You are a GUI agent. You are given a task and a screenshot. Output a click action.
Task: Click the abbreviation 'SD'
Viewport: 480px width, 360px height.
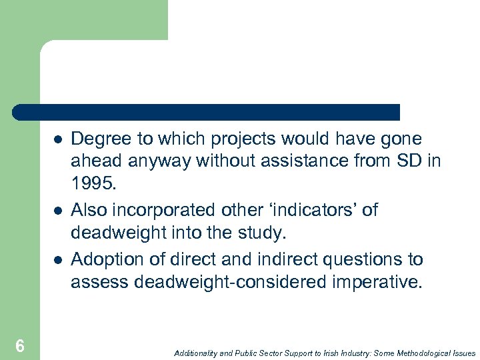[413, 161]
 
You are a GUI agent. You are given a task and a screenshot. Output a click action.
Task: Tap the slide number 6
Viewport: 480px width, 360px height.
[20, 345]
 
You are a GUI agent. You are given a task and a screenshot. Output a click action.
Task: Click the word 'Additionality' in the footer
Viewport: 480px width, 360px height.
[197, 353]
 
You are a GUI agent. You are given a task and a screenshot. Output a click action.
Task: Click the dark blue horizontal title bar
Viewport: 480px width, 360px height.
[207, 112]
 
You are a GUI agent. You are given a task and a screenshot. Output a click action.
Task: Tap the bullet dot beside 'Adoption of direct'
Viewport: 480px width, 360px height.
[58, 259]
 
